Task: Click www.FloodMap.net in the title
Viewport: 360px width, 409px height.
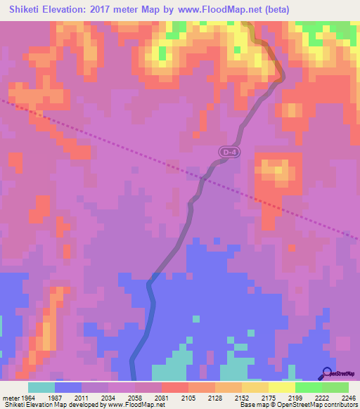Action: (x=220, y=10)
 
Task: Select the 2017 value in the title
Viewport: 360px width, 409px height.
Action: (x=106, y=10)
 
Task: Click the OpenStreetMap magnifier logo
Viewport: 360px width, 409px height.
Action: (x=327, y=372)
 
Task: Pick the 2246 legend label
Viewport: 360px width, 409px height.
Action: (x=349, y=398)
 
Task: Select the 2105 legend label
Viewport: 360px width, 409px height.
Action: (x=188, y=398)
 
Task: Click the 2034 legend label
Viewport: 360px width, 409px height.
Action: (x=108, y=398)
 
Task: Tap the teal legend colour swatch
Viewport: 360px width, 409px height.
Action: (x=41, y=387)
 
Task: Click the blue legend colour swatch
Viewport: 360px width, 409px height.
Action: (x=68, y=387)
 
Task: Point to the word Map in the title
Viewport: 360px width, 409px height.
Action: (x=158, y=10)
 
